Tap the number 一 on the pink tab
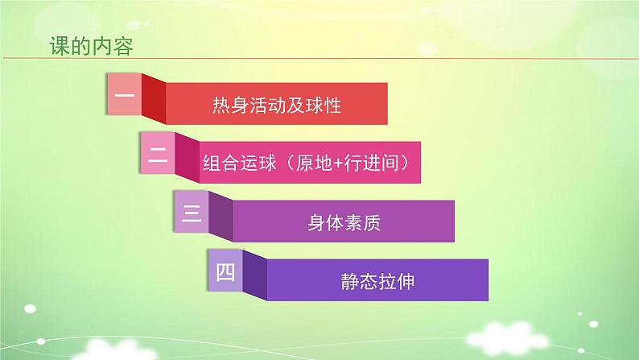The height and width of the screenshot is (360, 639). (124, 93)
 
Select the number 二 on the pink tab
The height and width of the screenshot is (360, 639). (158, 154)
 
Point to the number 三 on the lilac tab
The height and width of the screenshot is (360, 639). (192, 213)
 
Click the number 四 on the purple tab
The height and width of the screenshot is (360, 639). (225, 272)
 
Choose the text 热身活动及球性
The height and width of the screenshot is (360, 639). (277, 105)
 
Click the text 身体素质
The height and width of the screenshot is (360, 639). (344, 223)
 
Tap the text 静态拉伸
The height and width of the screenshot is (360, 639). (377, 283)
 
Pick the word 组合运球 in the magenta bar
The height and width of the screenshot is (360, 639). (233, 164)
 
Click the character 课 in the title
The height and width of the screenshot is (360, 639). (60, 46)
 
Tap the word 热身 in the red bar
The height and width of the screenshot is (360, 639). (229, 105)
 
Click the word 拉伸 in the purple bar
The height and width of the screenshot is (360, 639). (395, 283)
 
